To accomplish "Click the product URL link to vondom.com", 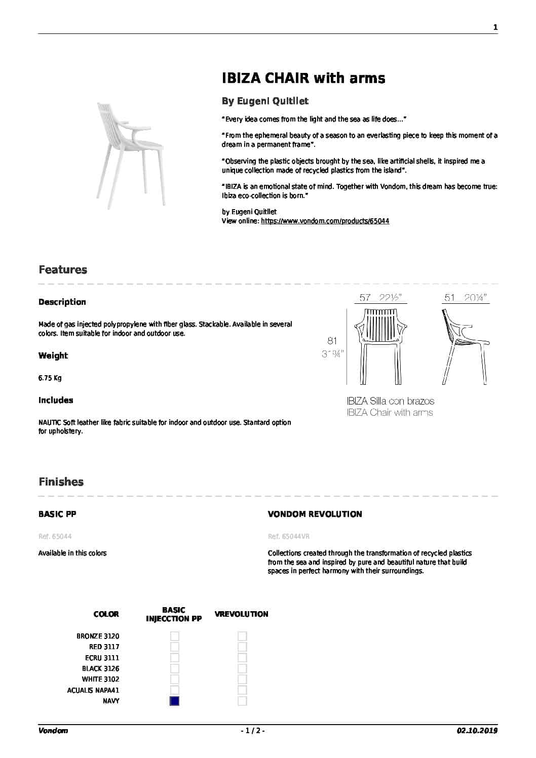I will [325, 221].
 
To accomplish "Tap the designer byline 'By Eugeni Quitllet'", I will [265, 101].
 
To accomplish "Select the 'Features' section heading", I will [63, 270].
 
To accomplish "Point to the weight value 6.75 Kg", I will [50, 378].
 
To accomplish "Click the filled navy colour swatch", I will [175, 701].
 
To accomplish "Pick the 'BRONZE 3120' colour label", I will [98, 636].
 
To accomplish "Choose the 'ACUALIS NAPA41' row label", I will [93, 690].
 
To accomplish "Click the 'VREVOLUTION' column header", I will [241, 614].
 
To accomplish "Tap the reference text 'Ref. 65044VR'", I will [289, 537].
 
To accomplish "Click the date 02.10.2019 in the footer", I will [477, 731].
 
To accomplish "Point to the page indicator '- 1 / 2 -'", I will [252, 731].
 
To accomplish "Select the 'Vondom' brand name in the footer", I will [53, 731].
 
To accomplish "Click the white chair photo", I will [130, 154].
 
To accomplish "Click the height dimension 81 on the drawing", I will [332, 341].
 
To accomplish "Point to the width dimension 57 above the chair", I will [365, 298].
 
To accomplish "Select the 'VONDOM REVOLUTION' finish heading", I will [315, 514].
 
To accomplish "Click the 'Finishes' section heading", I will [61, 482].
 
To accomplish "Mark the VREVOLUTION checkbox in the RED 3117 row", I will [243, 647].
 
